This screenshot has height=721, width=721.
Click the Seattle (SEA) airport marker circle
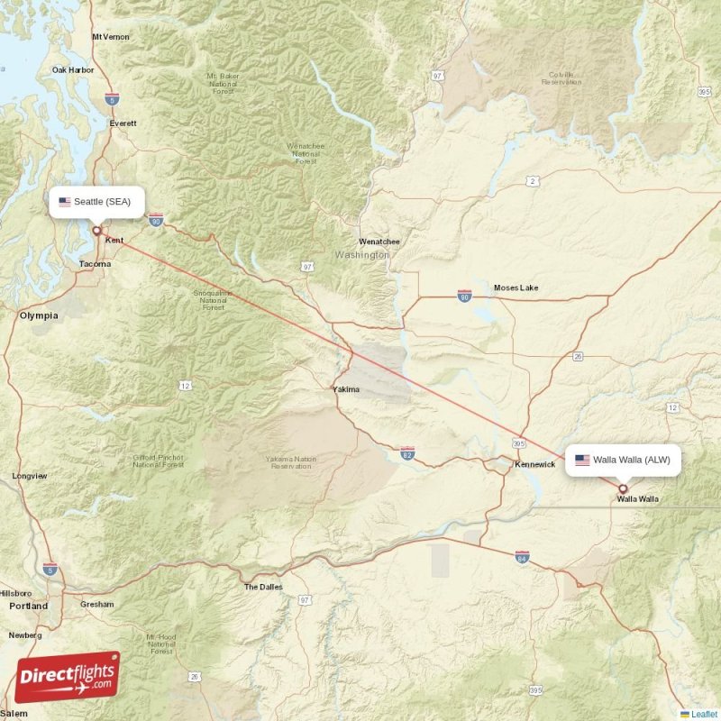click(96, 231)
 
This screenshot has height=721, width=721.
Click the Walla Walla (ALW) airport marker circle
click(622, 488)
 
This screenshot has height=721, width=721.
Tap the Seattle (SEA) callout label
click(96, 202)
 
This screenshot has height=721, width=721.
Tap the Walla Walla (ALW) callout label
click(623, 460)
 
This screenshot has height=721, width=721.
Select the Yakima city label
click(346, 390)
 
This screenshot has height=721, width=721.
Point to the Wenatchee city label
click(379, 242)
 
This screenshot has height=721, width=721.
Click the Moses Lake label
click(516, 287)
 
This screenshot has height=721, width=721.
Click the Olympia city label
click(39, 315)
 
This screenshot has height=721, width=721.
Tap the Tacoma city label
click(95, 264)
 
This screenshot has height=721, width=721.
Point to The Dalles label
click(263, 587)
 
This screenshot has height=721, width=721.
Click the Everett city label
click(122, 123)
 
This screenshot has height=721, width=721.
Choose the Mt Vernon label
click(111, 37)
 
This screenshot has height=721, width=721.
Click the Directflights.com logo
click(68, 677)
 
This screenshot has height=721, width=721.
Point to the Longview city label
click(30, 476)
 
